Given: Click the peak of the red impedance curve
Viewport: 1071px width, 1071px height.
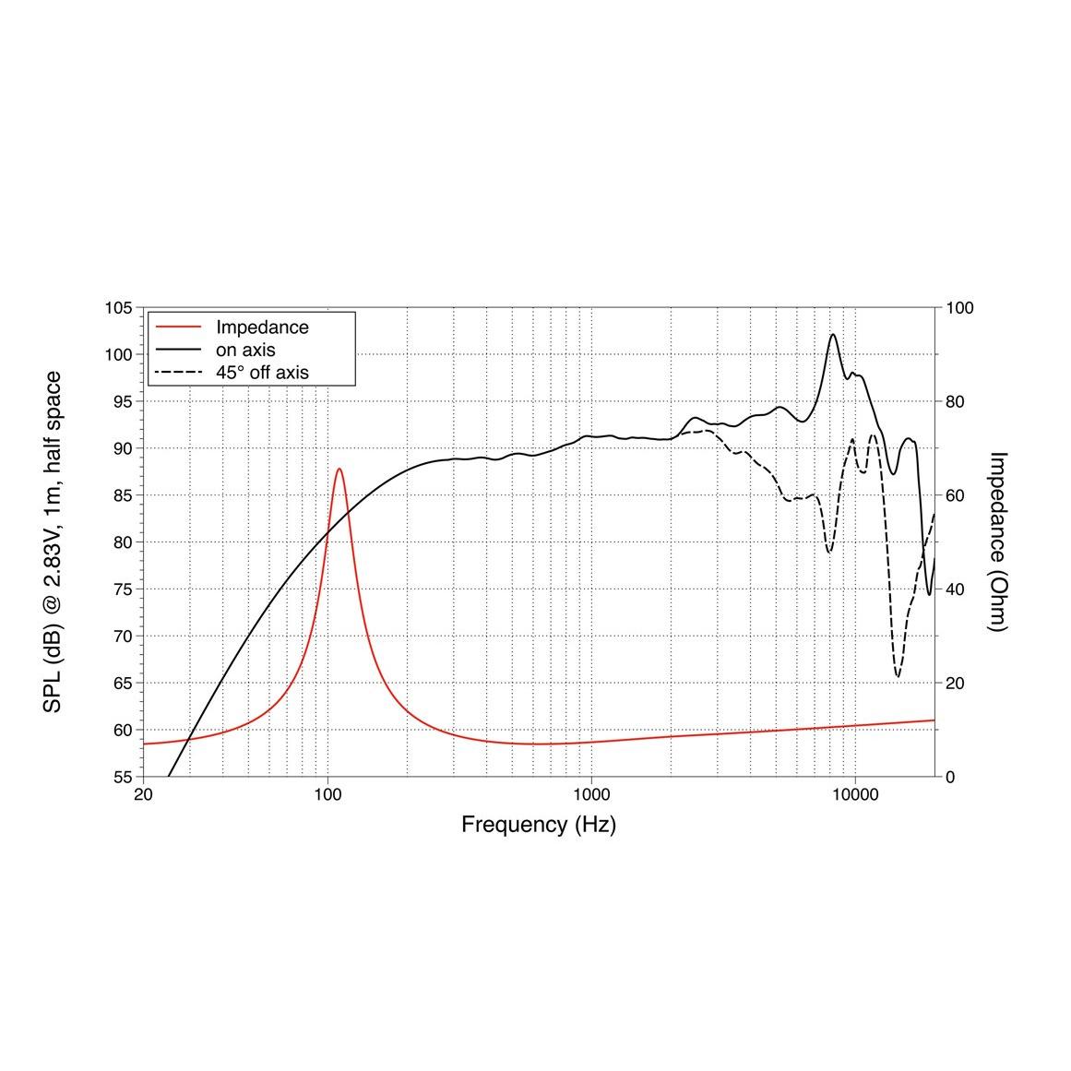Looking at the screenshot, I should click(x=339, y=469).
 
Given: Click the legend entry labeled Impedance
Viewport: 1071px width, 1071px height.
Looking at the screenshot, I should click(x=262, y=327).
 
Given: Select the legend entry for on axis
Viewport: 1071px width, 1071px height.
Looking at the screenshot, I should click(x=245, y=351).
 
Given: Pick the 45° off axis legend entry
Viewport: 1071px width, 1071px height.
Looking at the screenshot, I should click(x=262, y=373).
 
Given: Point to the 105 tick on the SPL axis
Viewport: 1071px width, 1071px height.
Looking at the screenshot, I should click(x=119, y=308).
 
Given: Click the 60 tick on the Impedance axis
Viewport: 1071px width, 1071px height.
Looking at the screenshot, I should click(x=956, y=495).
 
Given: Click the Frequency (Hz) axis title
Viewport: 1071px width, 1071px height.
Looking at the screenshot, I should click(x=539, y=825).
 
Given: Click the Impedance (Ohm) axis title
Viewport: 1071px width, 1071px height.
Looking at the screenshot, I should click(x=997, y=541).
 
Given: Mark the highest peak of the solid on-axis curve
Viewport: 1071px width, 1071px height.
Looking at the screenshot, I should click(x=833, y=335).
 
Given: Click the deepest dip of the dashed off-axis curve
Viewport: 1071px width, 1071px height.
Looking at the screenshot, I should click(x=898, y=677).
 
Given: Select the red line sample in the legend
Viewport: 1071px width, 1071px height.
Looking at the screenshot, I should click(x=180, y=327).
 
